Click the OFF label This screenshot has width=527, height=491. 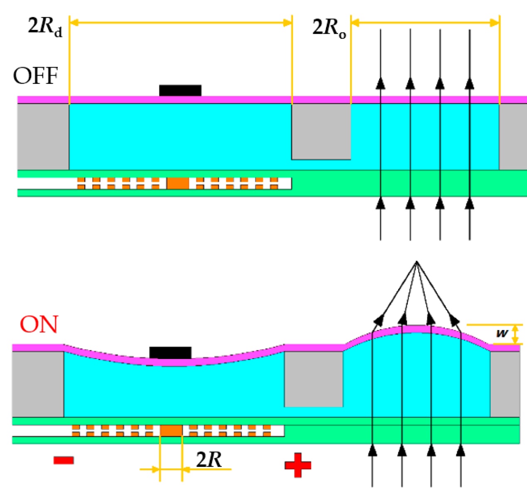click(35, 76)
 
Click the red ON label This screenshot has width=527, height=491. click(39, 325)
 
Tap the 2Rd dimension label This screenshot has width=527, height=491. click(45, 27)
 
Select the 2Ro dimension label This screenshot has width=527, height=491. click(329, 28)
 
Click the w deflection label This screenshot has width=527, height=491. click(502, 333)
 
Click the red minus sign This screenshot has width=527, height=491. click(64, 460)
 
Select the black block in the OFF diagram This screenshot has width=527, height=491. click(180, 90)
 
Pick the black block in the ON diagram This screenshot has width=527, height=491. click(170, 352)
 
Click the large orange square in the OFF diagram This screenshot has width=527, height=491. click(178, 183)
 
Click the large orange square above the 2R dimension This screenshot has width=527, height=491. click(171, 430)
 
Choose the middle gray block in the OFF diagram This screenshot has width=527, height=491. click(321, 131)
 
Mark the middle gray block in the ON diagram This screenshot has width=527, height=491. click(314, 379)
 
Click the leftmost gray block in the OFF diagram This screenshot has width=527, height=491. click(43, 136)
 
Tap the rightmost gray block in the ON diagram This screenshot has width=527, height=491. click(505, 384)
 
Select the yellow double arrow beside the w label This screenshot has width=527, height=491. click(515, 334)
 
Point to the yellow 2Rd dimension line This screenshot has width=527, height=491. click(181, 22)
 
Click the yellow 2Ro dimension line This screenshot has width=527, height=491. click(425, 22)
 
